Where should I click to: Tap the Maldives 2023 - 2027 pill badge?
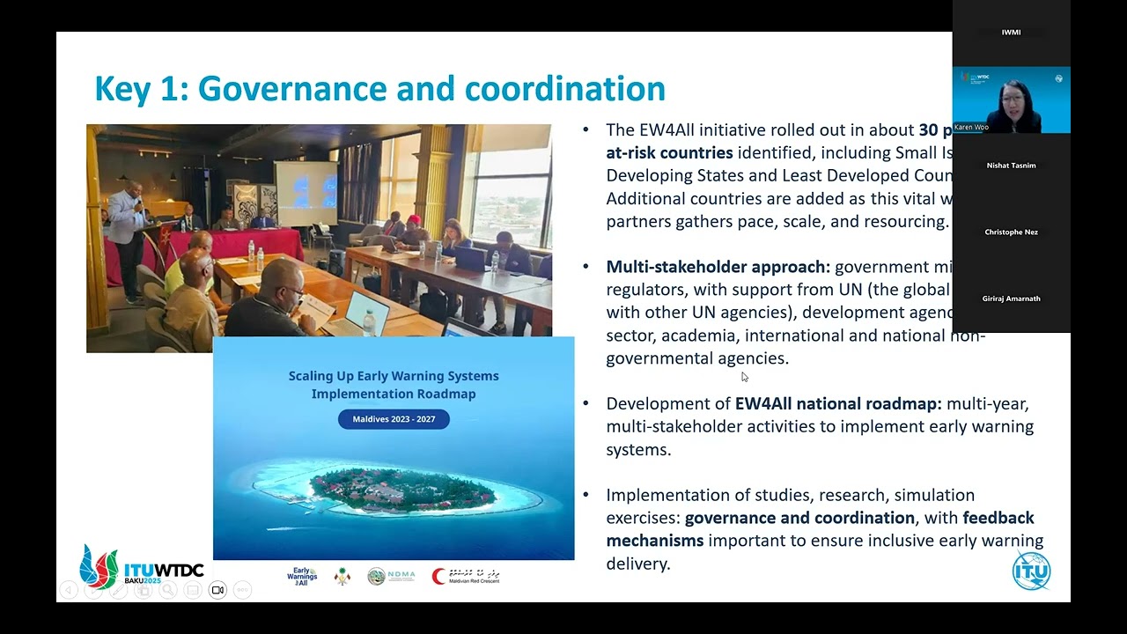click(x=394, y=419)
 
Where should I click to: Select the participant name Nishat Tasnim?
click(x=1011, y=166)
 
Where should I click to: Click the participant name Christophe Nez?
click(x=1011, y=232)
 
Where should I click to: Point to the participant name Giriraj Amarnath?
click(x=1011, y=299)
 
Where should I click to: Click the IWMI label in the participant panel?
click(x=1011, y=33)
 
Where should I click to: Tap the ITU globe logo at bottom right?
click(x=1031, y=570)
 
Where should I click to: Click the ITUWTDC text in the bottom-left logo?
click(x=164, y=570)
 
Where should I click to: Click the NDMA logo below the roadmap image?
click(x=391, y=577)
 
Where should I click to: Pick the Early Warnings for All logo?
click(x=302, y=577)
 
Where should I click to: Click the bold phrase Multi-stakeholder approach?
click(x=718, y=267)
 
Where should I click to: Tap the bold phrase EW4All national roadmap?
click(x=838, y=404)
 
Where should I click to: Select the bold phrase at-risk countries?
click(x=669, y=152)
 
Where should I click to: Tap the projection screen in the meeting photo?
click(x=306, y=191)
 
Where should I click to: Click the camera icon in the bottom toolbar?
click(x=217, y=590)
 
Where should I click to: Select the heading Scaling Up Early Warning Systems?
click(x=394, y=376)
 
